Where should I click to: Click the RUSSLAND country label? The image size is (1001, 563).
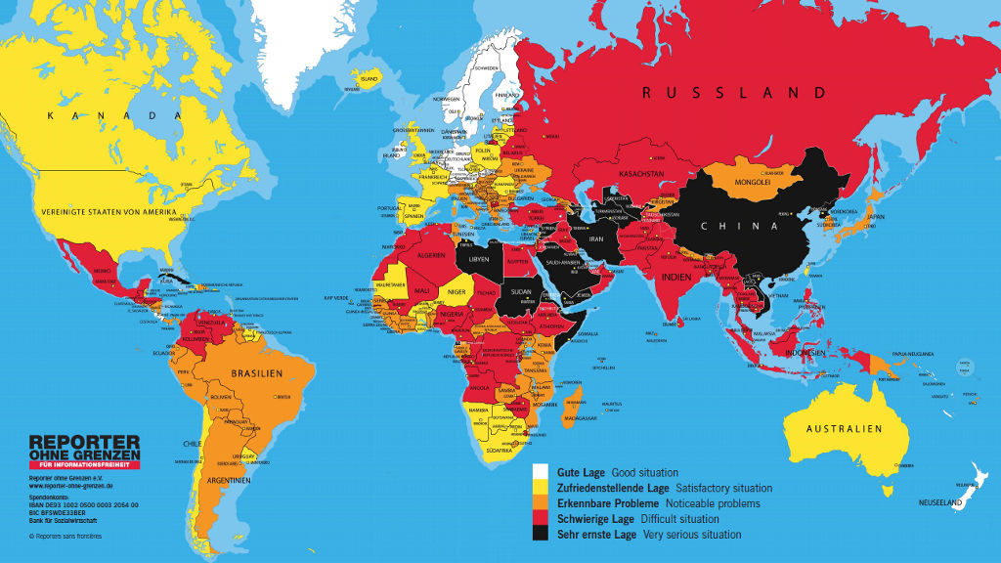click(733, 93)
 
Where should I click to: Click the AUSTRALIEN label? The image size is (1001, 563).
click(844, 429)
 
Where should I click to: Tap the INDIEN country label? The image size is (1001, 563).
click(678, 277)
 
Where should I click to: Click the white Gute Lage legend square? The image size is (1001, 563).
click(541, 471)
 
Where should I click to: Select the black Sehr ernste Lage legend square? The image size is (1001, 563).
click(541, 534)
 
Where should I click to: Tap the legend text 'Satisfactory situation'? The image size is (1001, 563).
click(723, 488)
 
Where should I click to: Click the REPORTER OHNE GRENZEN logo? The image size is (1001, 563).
click(84, 451)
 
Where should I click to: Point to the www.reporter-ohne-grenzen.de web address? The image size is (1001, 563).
click(69, 486)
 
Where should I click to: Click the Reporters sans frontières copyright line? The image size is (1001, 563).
click(65, 536)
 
